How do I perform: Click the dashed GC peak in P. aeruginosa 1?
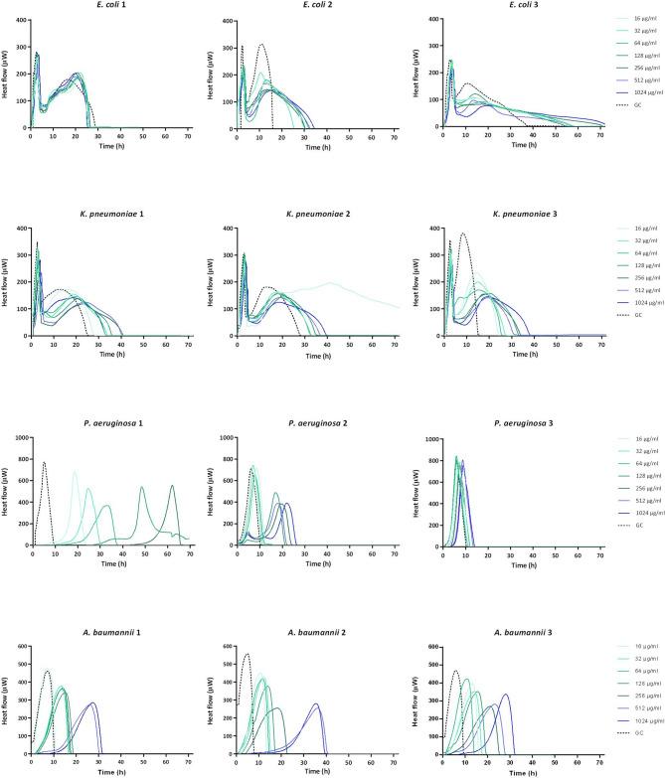(x=44, y=462)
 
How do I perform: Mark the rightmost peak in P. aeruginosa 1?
(x=172, y=486)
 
